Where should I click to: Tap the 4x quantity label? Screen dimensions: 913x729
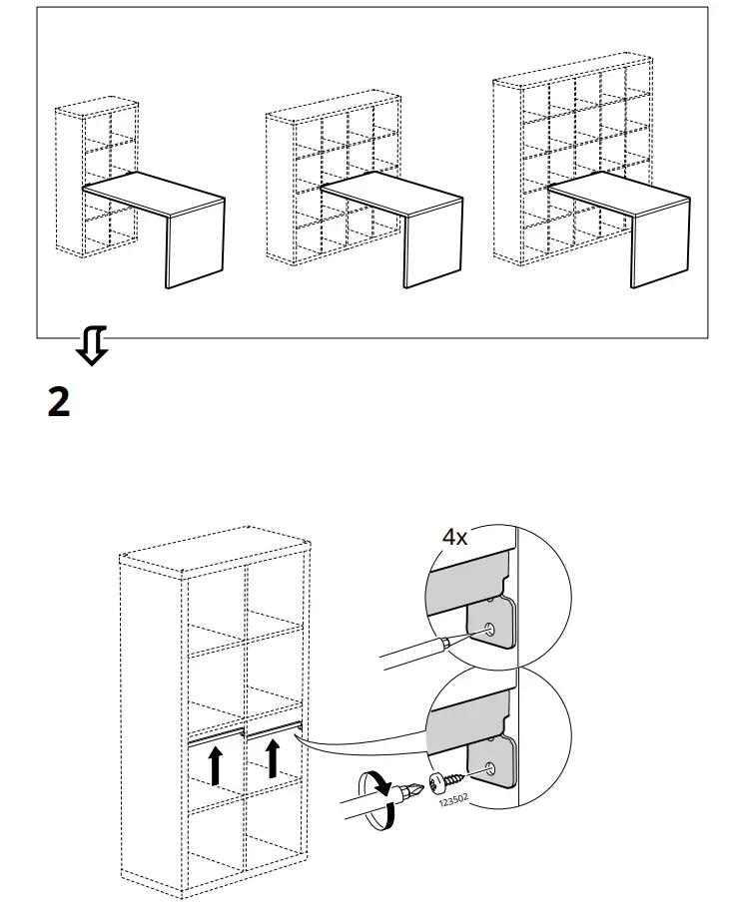tap(454, 537)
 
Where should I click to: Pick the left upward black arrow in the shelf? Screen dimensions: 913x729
tap(215, 766)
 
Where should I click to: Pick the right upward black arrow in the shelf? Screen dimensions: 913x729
tap(272, 756)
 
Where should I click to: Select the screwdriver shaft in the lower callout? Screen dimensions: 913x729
tap(360, 807)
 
